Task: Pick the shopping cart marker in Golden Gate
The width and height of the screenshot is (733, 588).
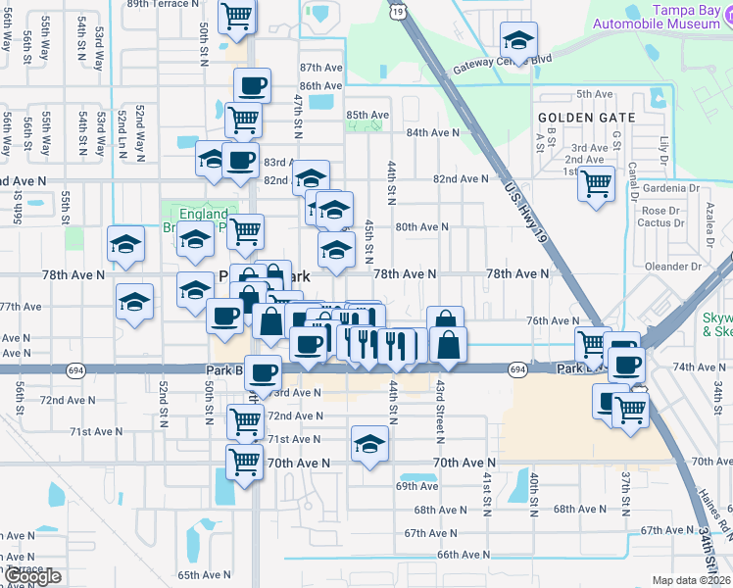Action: click(596, 183)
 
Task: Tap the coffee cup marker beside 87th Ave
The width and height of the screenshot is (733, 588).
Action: click(252, 86)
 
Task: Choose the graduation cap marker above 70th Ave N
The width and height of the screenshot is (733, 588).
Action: click(369, 446)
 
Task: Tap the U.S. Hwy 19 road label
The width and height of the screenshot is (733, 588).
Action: click(525, 207)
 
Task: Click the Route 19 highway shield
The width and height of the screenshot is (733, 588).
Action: click(396, 11)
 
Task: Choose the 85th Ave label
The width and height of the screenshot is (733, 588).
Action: click(367, 115)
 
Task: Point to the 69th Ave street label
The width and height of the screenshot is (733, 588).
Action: click(416, 486)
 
